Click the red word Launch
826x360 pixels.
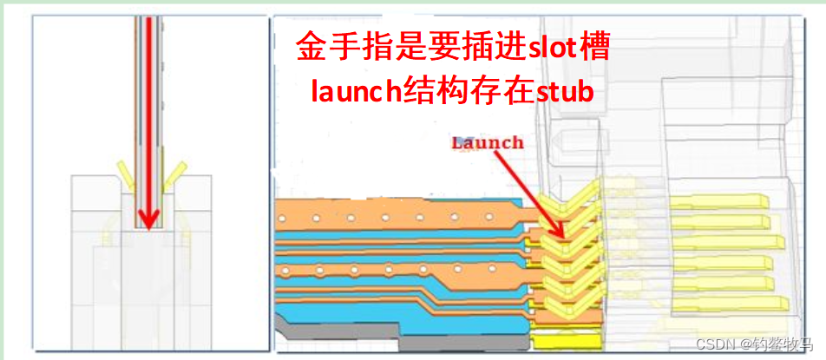[x=488, y=143]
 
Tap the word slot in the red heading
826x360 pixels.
[x=548, y=49]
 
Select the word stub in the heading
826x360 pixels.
[x=563, y=92]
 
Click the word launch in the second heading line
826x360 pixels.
[x=347, y=92]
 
